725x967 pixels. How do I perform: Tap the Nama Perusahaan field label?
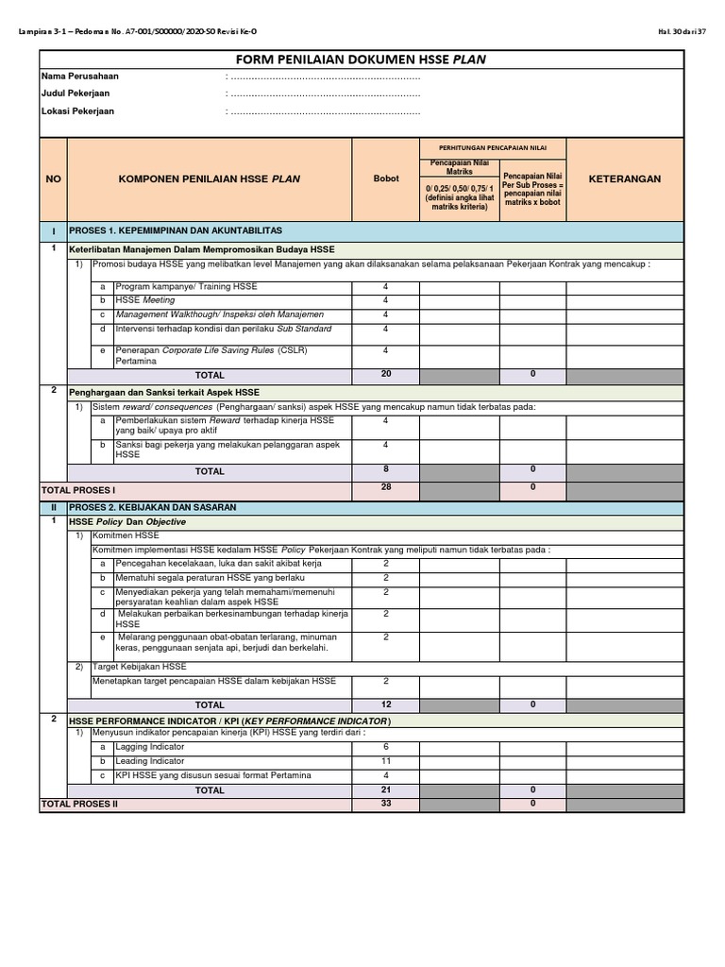pos(80,76)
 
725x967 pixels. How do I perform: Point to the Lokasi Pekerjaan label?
pos(77,110)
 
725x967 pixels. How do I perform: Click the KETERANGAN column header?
pos(625,178)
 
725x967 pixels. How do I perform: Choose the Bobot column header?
pos(385,178)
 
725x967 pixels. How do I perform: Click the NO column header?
pos(53,178)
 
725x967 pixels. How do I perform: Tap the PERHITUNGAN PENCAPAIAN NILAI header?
pos(492,148)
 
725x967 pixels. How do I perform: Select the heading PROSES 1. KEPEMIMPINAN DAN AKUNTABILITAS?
pos(177,230)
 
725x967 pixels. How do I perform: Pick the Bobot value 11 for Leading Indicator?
pos(385,761)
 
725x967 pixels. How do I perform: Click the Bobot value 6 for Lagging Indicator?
pos(385,747)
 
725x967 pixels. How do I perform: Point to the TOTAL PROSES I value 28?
pos(385,487)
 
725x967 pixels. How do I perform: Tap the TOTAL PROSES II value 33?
pos(385,804)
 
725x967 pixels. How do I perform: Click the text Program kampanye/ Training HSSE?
pos(186,286)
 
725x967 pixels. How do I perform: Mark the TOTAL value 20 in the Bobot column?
pos(385,375)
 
